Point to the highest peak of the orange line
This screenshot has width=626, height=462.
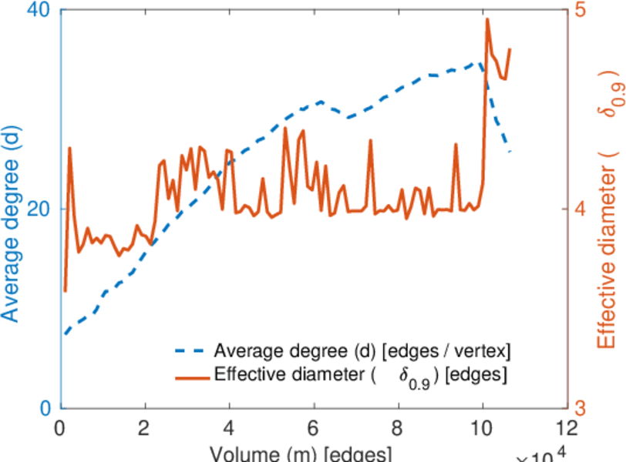pyautogui.click(x=487, y=19)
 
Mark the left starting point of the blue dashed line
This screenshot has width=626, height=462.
pyautogui.click(x=66, y=334)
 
